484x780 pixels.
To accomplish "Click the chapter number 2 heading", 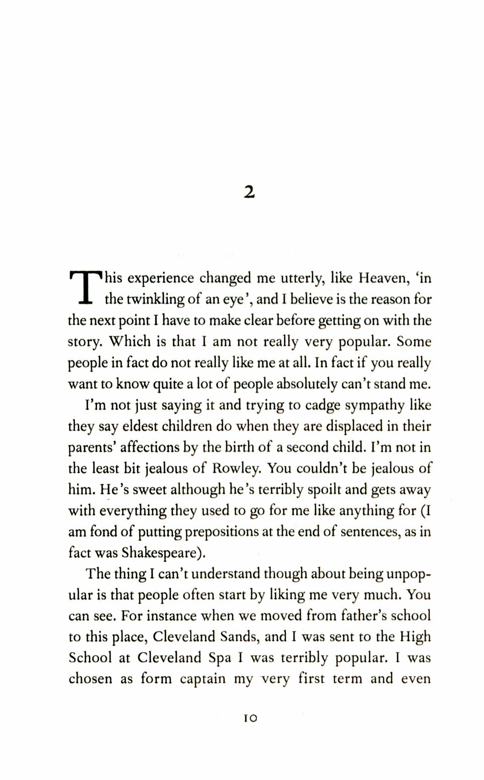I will tap(249, 192).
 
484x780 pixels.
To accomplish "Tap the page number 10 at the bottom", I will tap(250, 718).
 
